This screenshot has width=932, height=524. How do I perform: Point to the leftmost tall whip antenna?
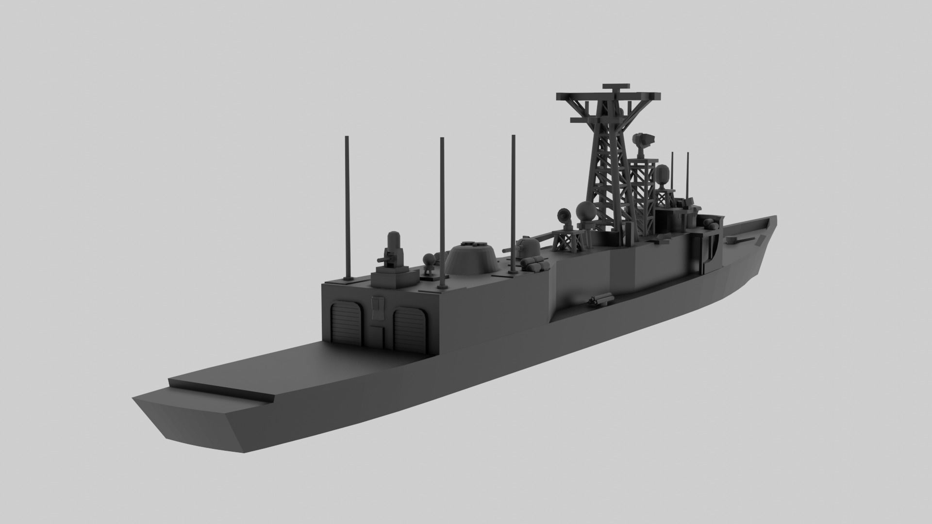[348, 209]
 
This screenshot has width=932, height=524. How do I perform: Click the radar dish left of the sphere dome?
[565, 214]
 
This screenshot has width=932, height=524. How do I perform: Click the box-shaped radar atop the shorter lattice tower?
[645, 140]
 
